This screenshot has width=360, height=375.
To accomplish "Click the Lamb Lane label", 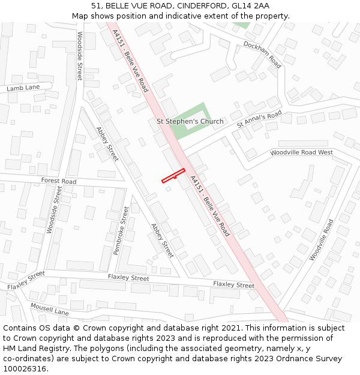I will [x=23, y=88].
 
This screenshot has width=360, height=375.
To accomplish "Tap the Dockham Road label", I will [x=262, y=53].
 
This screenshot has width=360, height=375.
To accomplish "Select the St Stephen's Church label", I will [x=190, y=121].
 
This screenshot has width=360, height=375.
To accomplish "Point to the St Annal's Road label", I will [x=259, y=118].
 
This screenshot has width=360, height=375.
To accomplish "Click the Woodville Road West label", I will [x=301, y=153].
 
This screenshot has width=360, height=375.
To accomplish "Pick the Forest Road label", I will [x=59, y=181].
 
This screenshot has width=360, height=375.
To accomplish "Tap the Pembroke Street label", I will [x=121, y=230].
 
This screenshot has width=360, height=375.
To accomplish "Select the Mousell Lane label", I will [x=50, y=309].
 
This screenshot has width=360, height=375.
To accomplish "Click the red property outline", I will [x=173, y=175].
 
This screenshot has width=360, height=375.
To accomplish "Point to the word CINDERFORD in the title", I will [x=194, y=6].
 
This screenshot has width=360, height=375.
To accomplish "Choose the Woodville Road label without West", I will [x=321, y=239].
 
